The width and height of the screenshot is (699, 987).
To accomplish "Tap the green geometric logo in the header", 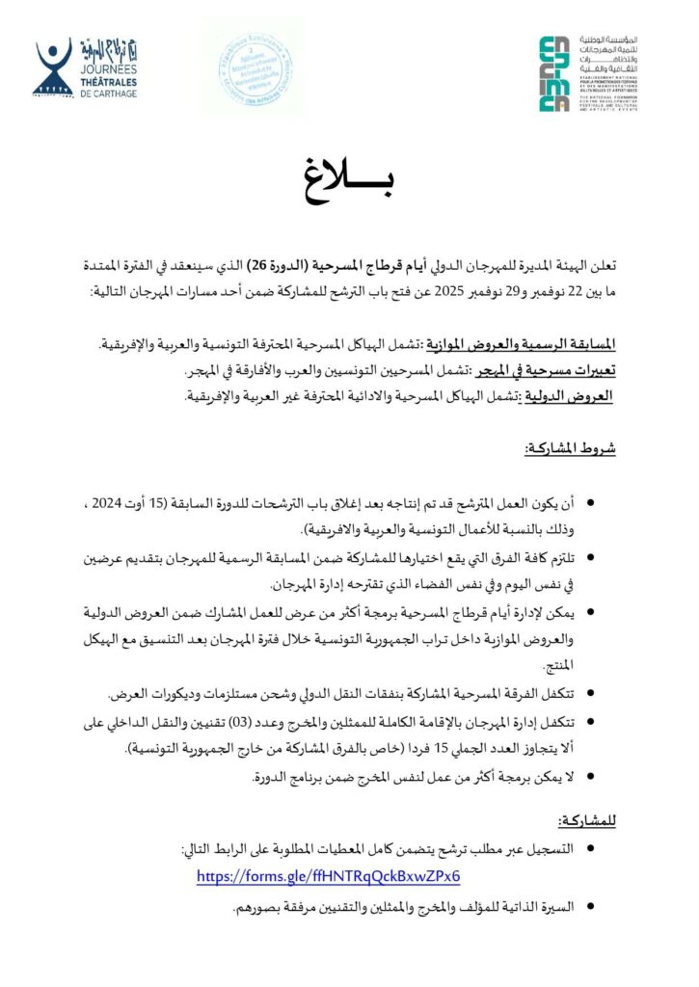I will point(554,73).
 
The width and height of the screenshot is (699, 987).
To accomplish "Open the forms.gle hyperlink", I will point(328,876).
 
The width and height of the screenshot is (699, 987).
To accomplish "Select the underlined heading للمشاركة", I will point(587,820).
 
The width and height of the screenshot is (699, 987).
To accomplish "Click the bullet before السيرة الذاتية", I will point(590,907).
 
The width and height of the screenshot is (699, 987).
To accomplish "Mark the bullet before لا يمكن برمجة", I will point(590,775).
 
